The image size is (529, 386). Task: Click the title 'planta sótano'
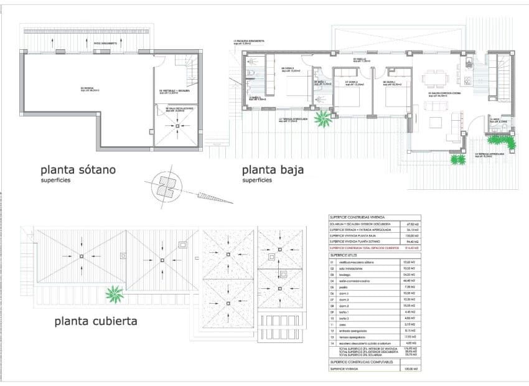coord(78,169)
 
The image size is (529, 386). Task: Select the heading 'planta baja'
coord(272,169)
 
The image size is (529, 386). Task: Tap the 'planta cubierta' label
coord(96,321)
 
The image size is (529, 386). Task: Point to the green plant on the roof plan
coord(114,293)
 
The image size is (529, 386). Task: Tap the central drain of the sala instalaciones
coord(178,128)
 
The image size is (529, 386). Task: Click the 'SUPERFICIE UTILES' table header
coord(347,255)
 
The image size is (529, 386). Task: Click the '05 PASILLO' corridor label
coord(362,60)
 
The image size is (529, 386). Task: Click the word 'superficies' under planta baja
coord(258,180)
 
